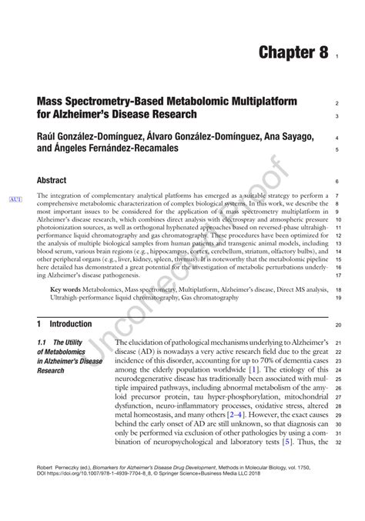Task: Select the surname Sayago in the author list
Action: click(x=290, y=135)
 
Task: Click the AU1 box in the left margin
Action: click(x=15, y=200)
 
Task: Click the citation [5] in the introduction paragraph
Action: click(x=286, y=443)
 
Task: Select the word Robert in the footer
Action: click(x=45, y=466)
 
